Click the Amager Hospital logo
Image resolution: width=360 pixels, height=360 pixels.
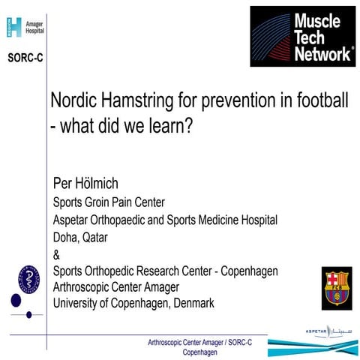[25, 27]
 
